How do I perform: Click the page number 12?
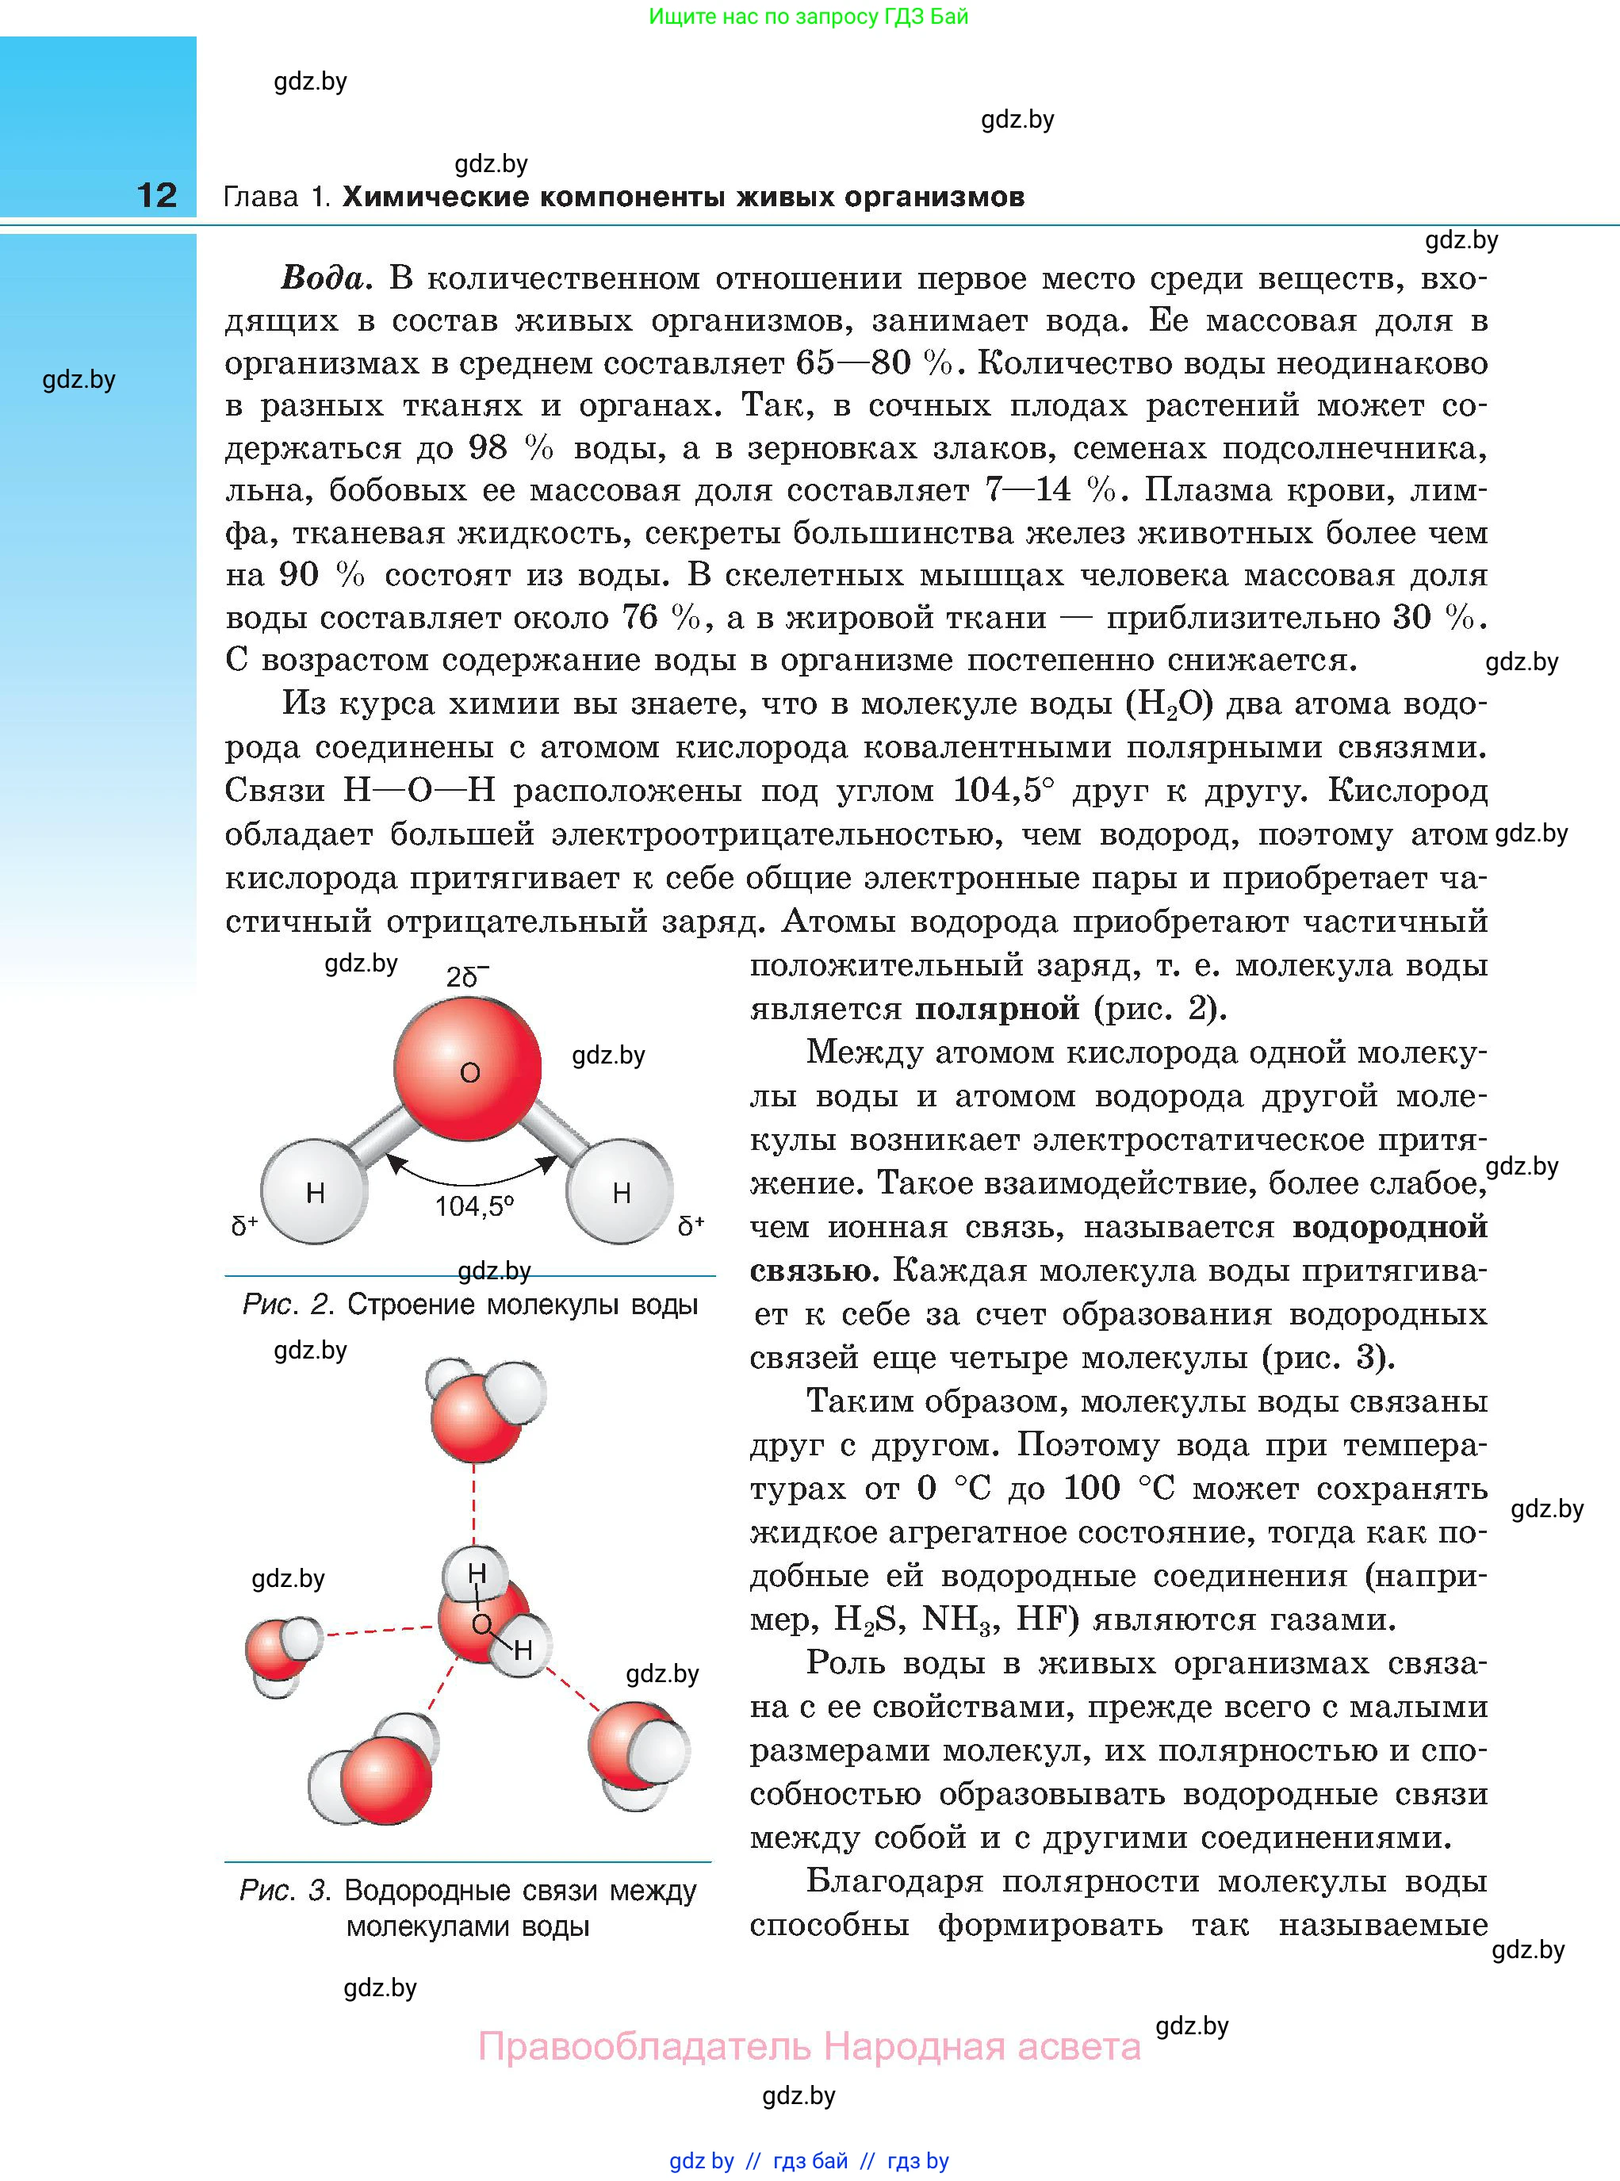(157, 195)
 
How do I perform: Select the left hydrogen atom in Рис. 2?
(314, 1191)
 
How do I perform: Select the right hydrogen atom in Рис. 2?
(621, 1191)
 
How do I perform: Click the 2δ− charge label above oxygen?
(467, 977)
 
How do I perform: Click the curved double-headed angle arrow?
(471, 1173)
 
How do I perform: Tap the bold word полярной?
(996, 1008)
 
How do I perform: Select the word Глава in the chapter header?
(261, 197)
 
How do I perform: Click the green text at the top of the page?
(808, 17)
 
